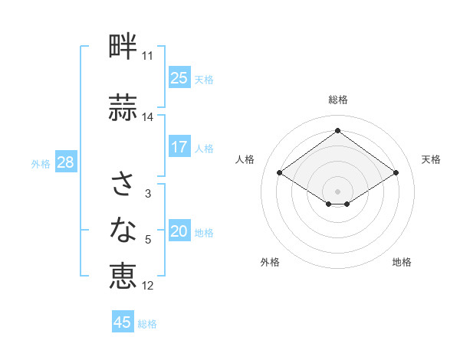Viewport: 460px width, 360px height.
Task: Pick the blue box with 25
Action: (179, 78)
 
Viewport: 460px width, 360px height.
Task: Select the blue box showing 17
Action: (179, 147)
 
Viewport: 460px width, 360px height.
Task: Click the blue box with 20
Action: (179, 232)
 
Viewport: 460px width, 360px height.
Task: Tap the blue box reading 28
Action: (65, 162)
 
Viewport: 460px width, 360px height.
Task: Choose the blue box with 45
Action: (123, 322)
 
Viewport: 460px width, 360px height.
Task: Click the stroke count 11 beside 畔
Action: (148, 56)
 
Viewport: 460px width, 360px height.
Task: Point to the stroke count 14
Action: (148, 117)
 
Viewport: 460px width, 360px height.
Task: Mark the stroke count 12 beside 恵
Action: (148, 286)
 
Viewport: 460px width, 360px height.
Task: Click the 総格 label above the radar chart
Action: (337, 100)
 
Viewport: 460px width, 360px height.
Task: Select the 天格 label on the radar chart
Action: (431, 159)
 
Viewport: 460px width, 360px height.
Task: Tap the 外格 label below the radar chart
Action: (270, 263)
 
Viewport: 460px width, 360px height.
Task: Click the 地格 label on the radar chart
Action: (402, 263)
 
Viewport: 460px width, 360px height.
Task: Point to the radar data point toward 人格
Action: (280, 173)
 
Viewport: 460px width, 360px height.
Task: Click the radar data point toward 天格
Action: (396, 173)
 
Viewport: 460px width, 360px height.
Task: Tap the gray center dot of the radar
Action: (337, 190)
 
